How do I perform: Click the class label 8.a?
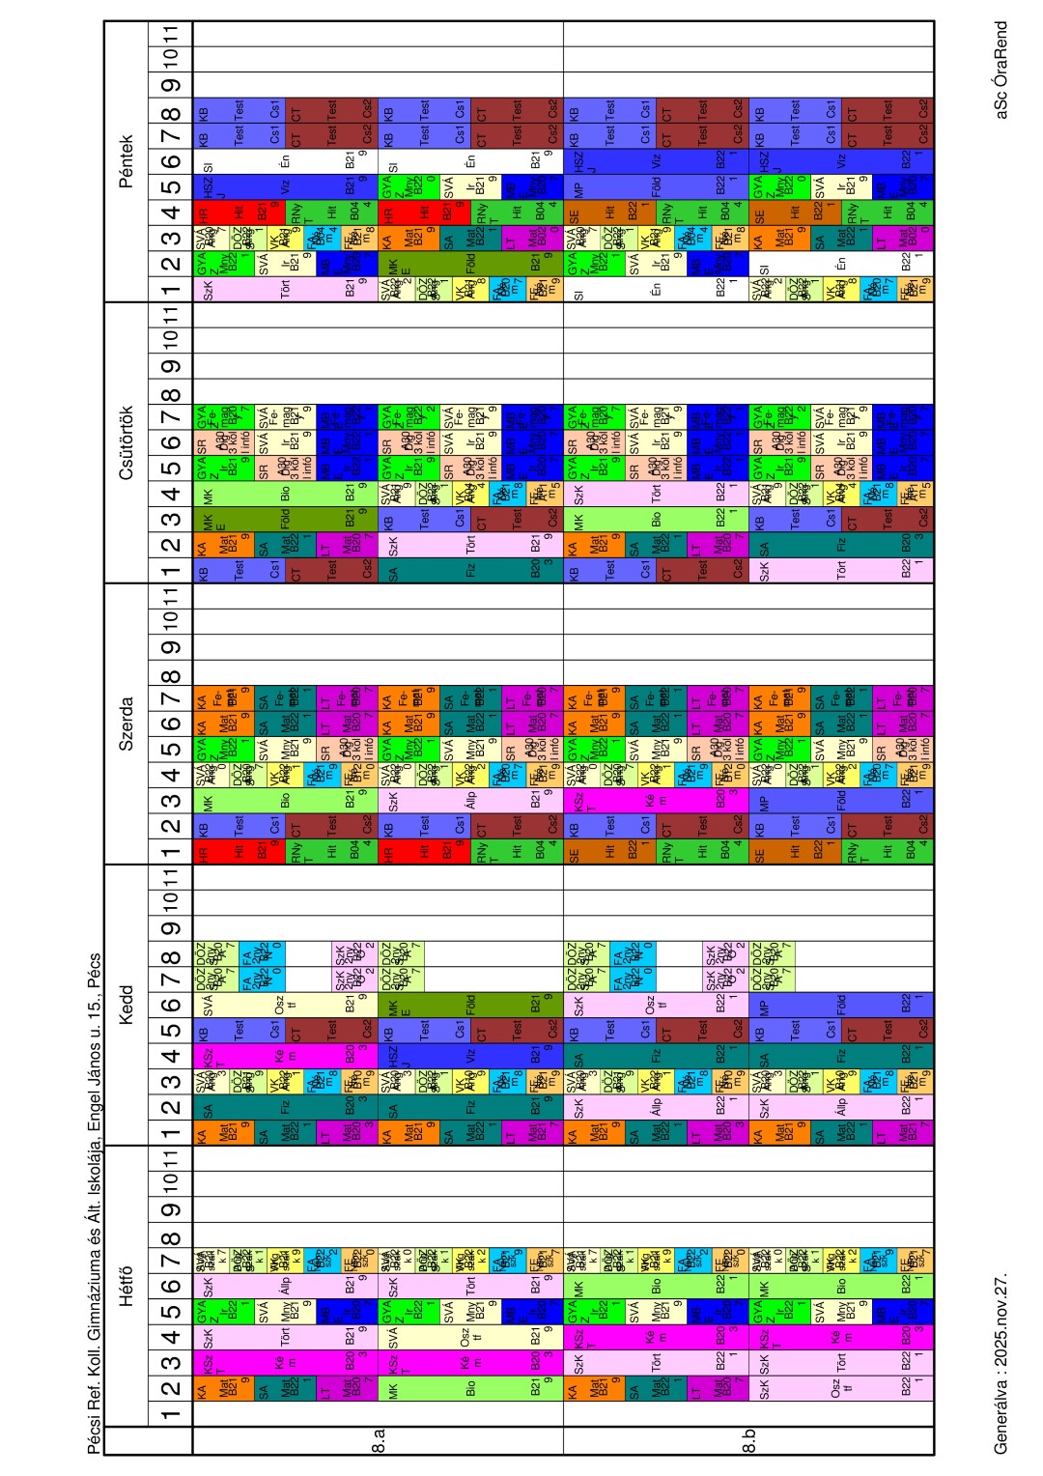pos(380,1446)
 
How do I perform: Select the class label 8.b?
pos(749,1446)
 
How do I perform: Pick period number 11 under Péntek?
pos(171,34)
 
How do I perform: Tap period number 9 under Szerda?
pos(171,647)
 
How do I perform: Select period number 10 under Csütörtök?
pos(171,339)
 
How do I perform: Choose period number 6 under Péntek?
pos(171,161)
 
